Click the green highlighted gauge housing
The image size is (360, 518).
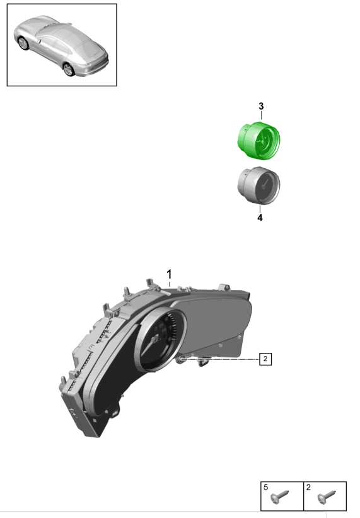pyautogui.click(x=259, y=141)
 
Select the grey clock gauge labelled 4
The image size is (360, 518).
pyautogui.click(x=259, y=185)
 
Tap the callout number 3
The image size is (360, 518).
pyautogui.click(x=261, y=106)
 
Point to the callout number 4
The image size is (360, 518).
pyautogui.click(x=260, y=217)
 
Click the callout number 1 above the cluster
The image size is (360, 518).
pyautogui.click(x=169, y=274)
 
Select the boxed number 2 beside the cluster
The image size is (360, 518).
pyautogui.click(x=265, y=359)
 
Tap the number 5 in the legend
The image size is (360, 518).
pyautogui.click(x=266, y=487)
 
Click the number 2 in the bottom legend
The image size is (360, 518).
pyautogui.click(x=308, y=487)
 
